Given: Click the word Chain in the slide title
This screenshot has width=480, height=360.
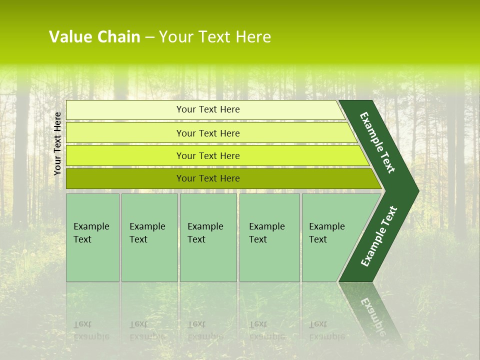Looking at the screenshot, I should click(x=119, y=37).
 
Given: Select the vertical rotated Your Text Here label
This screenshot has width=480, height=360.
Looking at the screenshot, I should click(x=57, y=143).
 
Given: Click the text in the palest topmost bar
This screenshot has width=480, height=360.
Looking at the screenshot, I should click(x=208, y=109).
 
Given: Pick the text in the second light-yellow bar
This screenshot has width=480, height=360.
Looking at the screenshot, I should click(x=208, y=133).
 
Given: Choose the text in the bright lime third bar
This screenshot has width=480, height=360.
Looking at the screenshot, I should click(x=208, y=156).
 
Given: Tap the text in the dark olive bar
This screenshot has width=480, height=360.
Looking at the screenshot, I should click(x=208, y=178).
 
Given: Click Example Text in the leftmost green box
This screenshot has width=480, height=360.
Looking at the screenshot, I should click(x=91, y=233).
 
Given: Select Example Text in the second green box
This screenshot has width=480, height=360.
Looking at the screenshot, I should click(x=147, y=233).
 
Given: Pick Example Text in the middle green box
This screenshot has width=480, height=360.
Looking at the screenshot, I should click(x=205, y=233).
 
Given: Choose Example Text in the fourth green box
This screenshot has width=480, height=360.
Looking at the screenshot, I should click(x=266, y=233).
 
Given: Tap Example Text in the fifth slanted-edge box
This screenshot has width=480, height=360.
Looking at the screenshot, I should click(x=326, y=233).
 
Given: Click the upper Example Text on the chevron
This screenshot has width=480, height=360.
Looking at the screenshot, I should click(x=377, y=142).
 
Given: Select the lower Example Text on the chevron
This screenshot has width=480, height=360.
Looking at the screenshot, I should click(x=379, y=236).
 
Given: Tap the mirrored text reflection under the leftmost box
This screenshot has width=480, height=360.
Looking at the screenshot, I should click(x=91, y=330).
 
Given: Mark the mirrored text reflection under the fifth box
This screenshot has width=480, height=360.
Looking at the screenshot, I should click(x=326, y=330).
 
